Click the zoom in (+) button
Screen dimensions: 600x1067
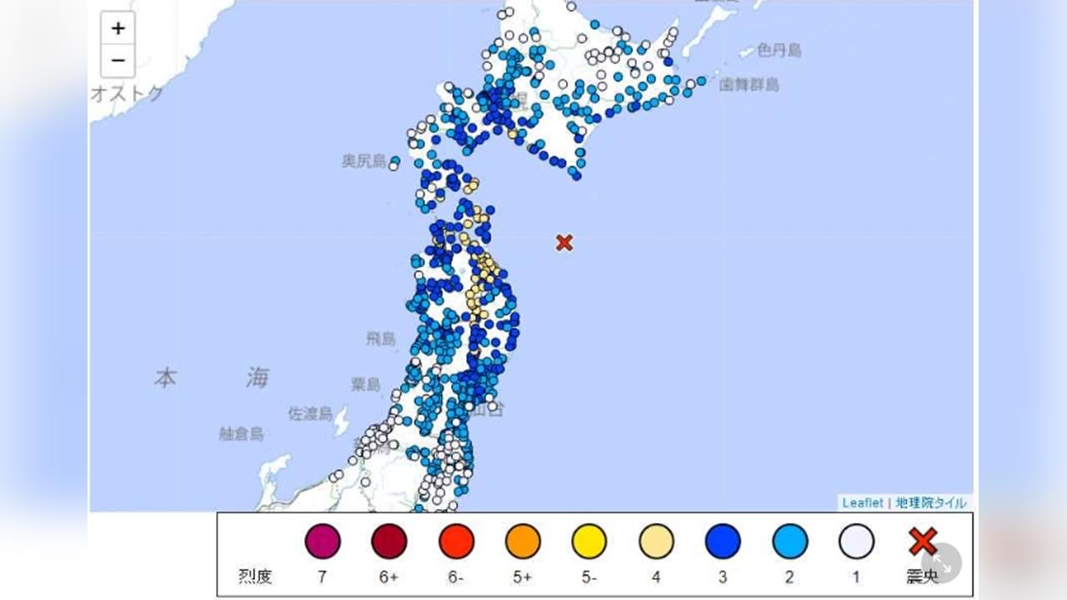point(118,28)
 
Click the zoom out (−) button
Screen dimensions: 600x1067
point(118,61)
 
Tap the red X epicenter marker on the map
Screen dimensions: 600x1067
point(564,242)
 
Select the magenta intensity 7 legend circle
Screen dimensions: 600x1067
point(323,542)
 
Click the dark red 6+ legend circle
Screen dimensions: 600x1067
point(389,542)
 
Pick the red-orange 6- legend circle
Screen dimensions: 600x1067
point(456,542)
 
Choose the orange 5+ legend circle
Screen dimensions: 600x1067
point(523,542)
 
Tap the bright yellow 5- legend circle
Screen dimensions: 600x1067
point(589,542)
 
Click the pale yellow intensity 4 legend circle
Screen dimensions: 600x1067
point(656,542)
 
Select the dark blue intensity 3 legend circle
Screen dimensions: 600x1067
point(723,542)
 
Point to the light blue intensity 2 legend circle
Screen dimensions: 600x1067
point(789,542)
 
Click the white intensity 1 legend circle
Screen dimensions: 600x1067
point(856,542)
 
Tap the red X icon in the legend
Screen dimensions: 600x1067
point(923,541)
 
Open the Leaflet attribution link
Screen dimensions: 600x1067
point(862,502)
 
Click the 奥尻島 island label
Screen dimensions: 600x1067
point(364,161)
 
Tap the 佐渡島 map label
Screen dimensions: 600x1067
point(310,413)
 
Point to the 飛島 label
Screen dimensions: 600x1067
point(383,338)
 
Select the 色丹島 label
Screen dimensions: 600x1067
point(779,51)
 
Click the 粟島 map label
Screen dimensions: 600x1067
point(366,384)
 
